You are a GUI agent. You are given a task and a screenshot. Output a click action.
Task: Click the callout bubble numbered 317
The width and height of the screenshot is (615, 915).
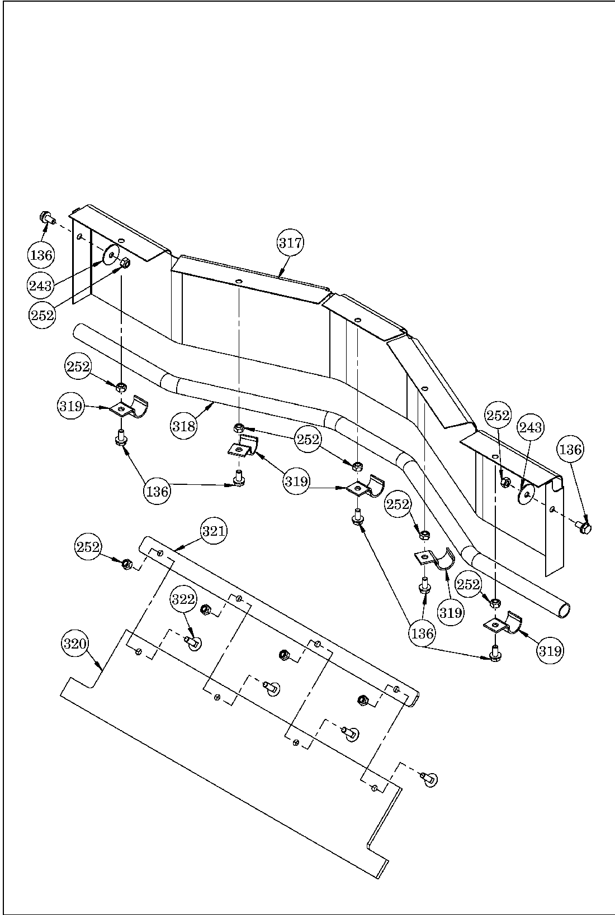pos(290,243)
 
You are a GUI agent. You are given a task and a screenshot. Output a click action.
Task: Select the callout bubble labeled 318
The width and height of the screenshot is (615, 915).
pos(184,426)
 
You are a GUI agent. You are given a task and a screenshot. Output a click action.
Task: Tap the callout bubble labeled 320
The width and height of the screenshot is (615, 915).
pos(74,644)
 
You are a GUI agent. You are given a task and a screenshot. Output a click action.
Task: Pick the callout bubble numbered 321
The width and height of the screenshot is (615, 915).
pos(214,531)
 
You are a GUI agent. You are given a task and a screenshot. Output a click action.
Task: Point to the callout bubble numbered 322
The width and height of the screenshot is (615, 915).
pos(183,599)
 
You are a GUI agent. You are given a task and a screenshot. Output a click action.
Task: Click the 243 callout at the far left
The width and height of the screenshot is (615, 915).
pos(41,286)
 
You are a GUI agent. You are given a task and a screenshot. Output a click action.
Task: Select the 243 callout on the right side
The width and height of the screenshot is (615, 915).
pos(530,428)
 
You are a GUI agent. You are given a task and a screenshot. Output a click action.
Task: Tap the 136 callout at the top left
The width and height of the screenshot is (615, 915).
pos(41,256)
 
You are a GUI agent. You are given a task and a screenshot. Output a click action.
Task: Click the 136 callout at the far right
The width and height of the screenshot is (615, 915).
pos(570,450)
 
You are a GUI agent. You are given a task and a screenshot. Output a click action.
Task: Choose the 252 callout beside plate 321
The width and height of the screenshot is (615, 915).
pos(89,547)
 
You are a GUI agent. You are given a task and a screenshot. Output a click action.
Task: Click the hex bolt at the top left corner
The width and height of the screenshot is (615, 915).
pos(45,217)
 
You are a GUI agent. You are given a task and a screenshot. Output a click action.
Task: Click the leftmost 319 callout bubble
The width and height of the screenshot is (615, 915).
pos(71,407)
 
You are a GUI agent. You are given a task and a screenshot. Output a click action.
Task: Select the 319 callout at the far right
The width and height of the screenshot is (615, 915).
pos(551,650)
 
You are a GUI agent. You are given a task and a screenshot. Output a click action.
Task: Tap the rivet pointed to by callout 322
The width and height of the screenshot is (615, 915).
pos(194,644)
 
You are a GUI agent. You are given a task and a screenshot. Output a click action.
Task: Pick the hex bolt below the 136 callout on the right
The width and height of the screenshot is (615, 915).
pos(584,527)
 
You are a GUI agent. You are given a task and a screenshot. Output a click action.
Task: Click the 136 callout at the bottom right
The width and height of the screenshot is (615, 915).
pos(422,633)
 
